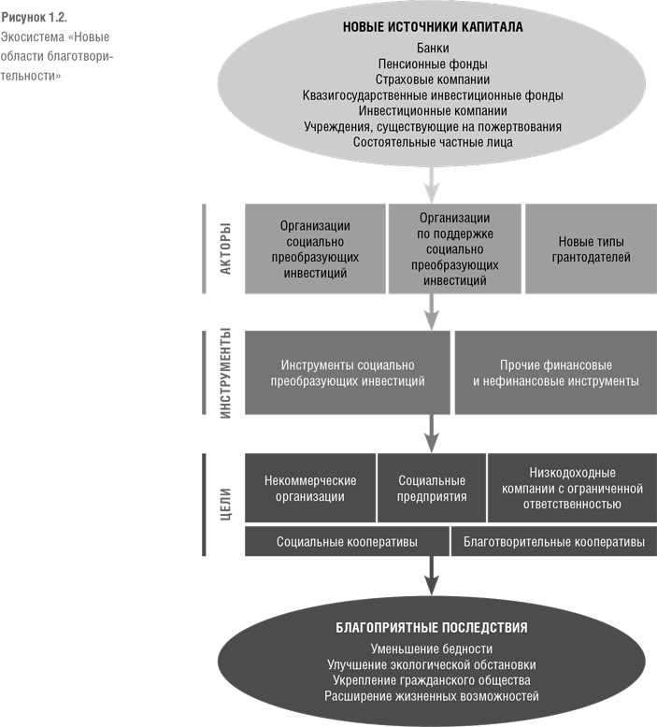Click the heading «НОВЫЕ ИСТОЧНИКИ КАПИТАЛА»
click(x=433, y=27)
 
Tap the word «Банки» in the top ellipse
click(x=433, y=49)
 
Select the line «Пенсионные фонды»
click(x=433, y=64)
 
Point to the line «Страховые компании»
click(x=433, y=79)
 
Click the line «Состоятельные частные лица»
click(x=433, y=142)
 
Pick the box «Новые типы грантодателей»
click(x=591, y=249)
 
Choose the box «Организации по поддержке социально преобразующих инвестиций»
click(x=455, y=249)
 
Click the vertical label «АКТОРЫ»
click(x=225, y=249)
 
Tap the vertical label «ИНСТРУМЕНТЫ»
click(x=225, y=373)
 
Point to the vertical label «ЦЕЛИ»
click(x=225, y=504)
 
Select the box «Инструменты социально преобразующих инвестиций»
click(x=348, y=373)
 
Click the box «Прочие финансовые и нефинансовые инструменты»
click(x=556, y=373)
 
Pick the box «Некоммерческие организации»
click(x=310, y=488)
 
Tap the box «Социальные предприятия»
click(x=432, y=488)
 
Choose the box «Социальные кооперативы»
click(x=347, y=542)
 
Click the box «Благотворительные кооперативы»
click(x=554, y=542)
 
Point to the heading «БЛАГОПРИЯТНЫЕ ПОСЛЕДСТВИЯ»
click(x=432, y=628)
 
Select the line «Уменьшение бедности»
click(x=432, y=649)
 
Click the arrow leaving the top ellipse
click(x=432, y=184)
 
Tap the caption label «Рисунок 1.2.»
click(x=34, y=18)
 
